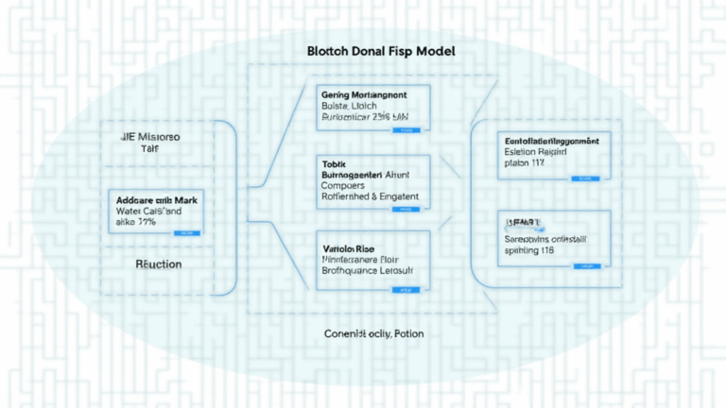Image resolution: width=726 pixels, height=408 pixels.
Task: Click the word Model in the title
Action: [432, 52]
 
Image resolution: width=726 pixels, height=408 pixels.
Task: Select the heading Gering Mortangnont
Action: [363, 95]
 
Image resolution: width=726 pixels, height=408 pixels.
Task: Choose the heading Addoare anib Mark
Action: [157, 201]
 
